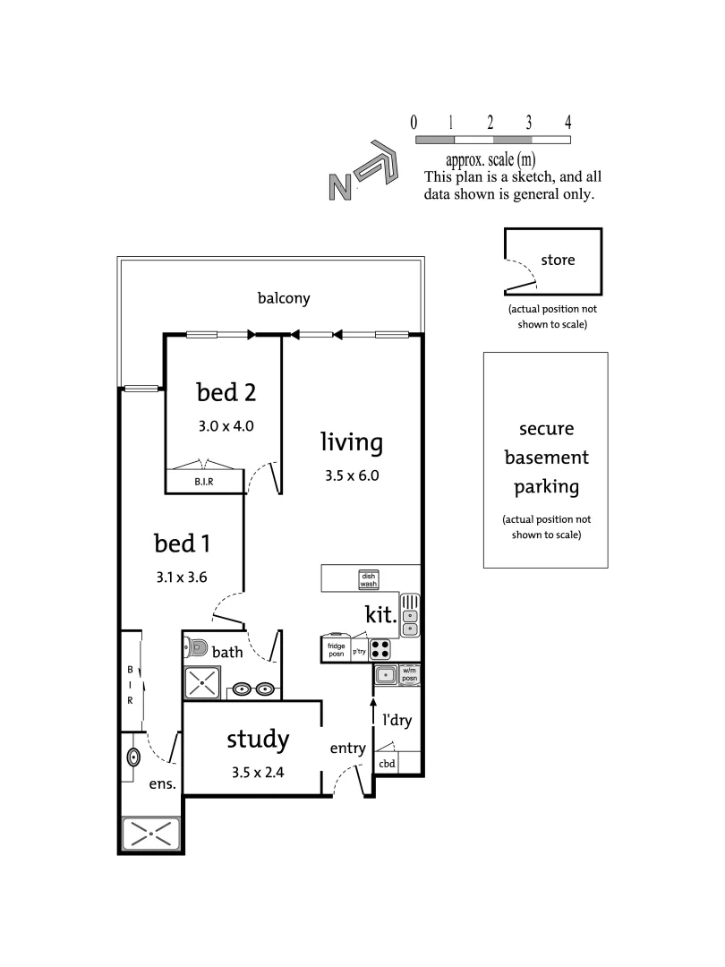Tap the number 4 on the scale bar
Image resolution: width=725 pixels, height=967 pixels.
click(568, 123)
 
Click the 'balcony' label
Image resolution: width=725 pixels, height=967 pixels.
click(284, 298)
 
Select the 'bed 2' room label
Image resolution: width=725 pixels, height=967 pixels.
click(226, 392)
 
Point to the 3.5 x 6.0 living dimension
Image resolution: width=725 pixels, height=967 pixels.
click(353, 475)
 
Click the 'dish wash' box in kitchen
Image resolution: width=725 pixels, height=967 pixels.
click(368, 579)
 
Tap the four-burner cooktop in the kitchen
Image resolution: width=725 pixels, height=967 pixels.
click(380, 649)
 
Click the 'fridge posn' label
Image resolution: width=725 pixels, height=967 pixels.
click(335, 649)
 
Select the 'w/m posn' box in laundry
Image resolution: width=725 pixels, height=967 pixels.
click(410, 673)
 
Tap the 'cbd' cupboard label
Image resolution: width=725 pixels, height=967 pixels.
click(387, 764)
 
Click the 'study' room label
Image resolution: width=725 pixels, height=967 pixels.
click(258, 740)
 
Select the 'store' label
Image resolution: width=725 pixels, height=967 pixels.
click(558, 261)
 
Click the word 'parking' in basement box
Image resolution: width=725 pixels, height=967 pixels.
click(546, 487)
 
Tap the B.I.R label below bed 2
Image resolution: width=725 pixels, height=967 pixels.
click(203, 483)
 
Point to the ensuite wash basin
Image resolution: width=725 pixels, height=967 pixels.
click(133, 758)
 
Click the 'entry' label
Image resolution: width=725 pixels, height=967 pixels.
click(347, 749)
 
